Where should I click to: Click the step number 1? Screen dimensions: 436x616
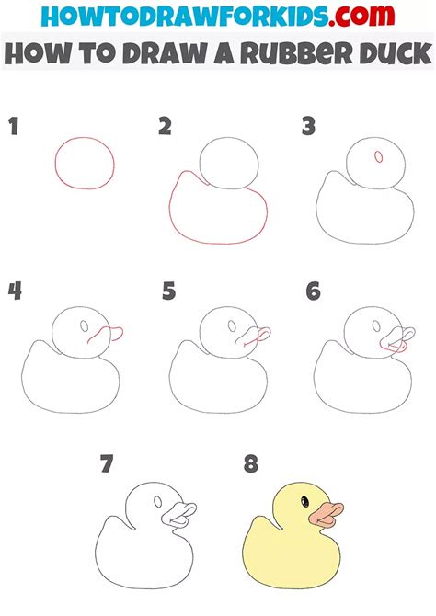coord(14,126)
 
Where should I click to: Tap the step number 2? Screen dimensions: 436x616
coord(166,126)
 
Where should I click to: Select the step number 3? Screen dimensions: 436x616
coord(309,126)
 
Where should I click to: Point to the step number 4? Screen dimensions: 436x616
coord(15,291)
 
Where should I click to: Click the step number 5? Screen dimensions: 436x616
coord(168,291)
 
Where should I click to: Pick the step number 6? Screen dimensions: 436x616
coord(313,291)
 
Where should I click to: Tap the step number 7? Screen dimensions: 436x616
coord(107,463)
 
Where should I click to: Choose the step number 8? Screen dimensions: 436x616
coord(251,463)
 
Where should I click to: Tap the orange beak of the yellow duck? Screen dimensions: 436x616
coord(326,514)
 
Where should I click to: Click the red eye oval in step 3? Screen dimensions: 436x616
coord(379,156)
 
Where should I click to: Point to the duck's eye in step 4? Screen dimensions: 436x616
coord(84,325)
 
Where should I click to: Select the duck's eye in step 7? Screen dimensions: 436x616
coord(158,501)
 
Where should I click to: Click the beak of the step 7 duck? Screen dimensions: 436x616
coord(179,515)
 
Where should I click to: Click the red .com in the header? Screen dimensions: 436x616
coord(361,16)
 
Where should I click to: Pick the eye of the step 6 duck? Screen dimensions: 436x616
coord(376,325)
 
